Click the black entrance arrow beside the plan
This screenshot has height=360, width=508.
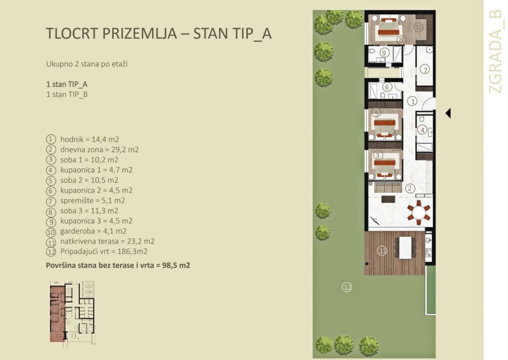[448, 113]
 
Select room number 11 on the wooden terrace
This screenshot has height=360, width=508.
[382, 251]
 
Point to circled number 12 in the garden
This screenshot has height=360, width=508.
[347, 287]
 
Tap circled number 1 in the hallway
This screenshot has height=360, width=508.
[413, 101]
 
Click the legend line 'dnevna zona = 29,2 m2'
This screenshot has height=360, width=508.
[98, 149]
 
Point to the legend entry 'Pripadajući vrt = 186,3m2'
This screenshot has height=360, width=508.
[103, 251]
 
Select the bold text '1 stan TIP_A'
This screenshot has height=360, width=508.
[67, 84]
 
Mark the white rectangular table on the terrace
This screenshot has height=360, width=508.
[405, 247]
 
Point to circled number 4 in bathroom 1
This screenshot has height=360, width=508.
[422, 129]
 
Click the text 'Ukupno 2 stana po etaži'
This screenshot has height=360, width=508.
[87, 64]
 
